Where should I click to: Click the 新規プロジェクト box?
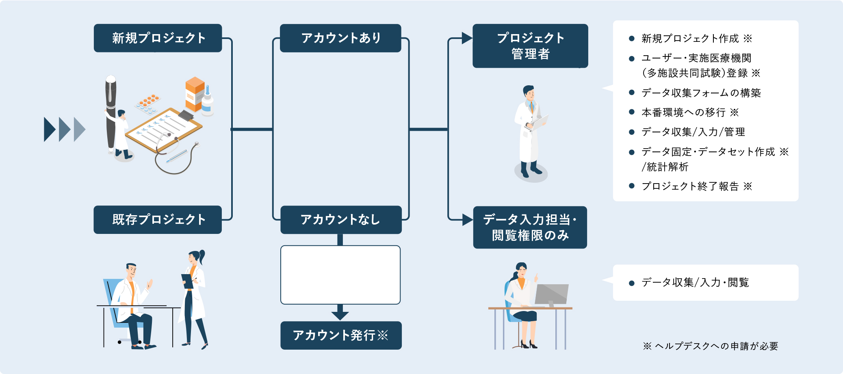[x=158, y=38]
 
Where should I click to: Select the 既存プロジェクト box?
[x=158, y=220]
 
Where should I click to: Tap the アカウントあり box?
[x=340, y=38]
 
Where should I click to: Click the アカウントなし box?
[x=341, y=220]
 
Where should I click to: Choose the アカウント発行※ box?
[x=341, y=335]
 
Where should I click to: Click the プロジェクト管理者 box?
[x=530, y=46]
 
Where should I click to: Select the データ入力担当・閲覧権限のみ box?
[x=530, y=227]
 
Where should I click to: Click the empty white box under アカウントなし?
[x=340, y=275]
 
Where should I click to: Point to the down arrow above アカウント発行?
[x=340, y=312]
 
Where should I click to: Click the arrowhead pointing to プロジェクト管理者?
[x=467, y=38]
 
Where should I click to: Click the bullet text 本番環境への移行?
[x=684, y=112]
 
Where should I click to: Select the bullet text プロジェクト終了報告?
[x=690, y=186]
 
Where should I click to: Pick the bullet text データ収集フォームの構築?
[x=701, y=93]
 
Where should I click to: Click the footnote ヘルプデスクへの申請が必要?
[x=716, y=346]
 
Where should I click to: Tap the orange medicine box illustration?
[x=195, y=94]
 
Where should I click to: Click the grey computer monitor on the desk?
[x=551, y=295]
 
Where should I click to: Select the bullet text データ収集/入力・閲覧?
[x=695, y=283]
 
